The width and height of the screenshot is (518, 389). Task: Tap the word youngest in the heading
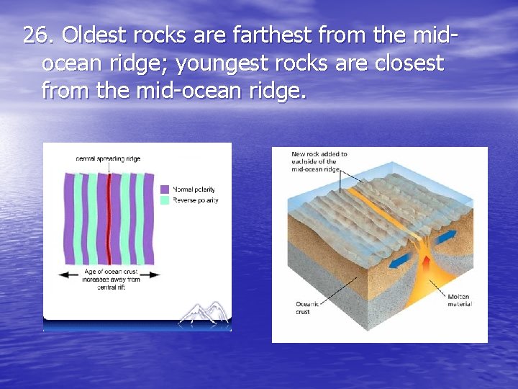click(219, 63)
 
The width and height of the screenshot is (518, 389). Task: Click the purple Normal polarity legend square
click(164, 189)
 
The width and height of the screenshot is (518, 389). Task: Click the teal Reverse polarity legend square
click(164, 200)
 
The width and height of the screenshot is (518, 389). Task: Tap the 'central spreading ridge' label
click(108, 158)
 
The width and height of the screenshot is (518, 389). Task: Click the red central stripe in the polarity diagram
click(109, 220)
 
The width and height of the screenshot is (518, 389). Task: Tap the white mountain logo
click(204, 313)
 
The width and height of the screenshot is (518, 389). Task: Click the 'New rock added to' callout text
click(319, 154)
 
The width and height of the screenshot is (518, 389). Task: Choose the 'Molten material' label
click(458, 300)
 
